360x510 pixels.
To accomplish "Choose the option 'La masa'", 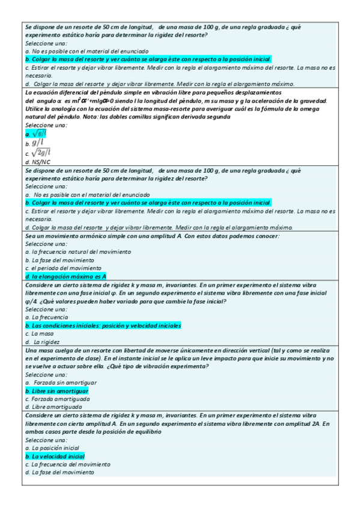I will [43, 333].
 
